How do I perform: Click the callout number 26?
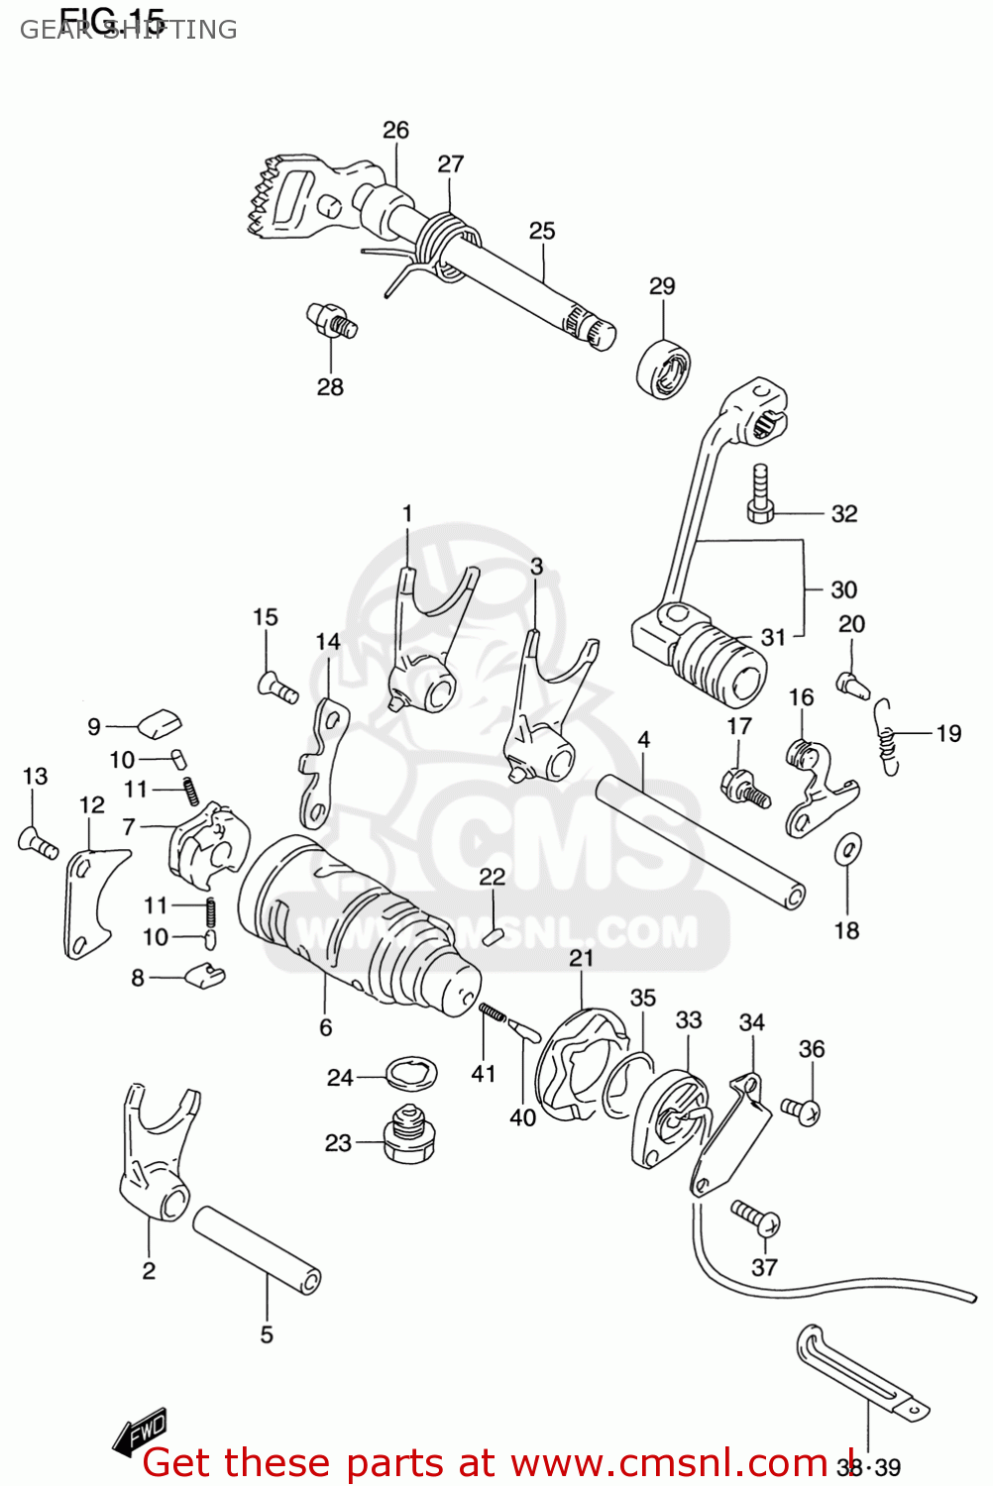395,130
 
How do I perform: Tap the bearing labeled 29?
664,369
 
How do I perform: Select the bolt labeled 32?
760,492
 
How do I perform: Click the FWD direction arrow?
141,1432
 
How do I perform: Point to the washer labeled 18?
848,848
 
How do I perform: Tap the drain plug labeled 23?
408,1136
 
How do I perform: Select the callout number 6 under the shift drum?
325,1027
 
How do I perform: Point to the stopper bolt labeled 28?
331,321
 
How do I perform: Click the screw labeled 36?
801,1110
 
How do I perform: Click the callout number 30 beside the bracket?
843,589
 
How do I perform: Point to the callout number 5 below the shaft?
267,1334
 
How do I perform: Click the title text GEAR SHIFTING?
129,30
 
